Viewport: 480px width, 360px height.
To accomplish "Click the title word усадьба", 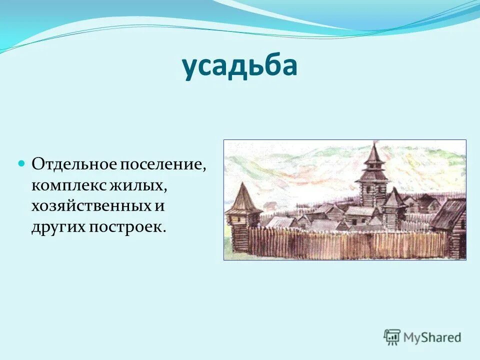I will tap(239, 67).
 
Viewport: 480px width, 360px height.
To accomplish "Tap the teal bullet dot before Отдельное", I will tap(21, 163).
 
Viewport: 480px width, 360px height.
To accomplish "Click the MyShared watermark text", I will tap(432, 337).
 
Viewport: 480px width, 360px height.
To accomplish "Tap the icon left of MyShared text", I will tap(392, 337).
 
